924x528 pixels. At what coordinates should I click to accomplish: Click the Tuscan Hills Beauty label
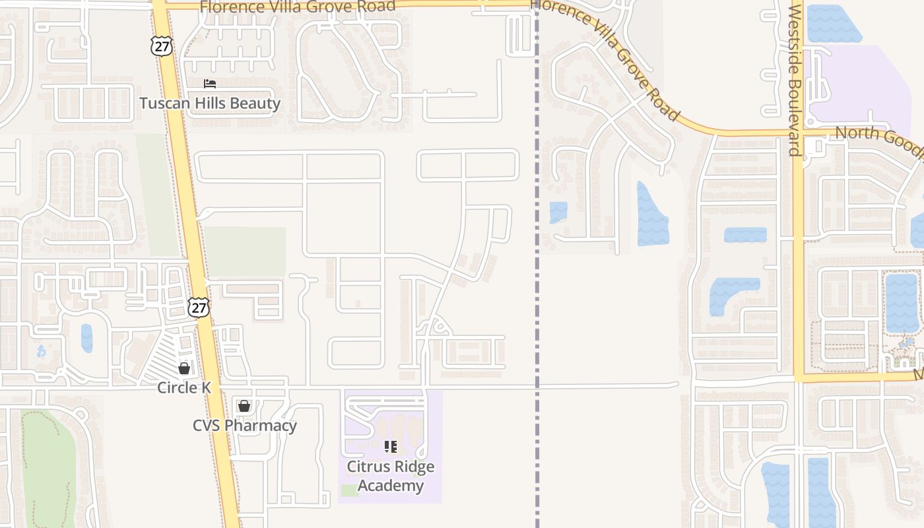coord(210,104)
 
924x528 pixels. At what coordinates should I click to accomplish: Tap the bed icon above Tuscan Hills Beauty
coord(210,84)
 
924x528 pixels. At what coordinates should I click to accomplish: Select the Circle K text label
coord(184,387)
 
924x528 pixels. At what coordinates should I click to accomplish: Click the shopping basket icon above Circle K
coord(184,368)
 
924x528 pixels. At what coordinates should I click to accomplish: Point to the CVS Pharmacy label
coord(244,426)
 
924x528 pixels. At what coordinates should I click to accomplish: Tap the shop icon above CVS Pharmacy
coord(244,405)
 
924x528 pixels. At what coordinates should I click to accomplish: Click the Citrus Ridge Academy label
coord(391,477)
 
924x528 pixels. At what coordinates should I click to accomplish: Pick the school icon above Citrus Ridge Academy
coord(391,447)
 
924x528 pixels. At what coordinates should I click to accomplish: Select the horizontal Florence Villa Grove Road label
coord(298,7)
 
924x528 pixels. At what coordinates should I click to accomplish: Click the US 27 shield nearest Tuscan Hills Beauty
coord(161,45)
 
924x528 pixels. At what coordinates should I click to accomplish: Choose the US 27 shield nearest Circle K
coord(198,307)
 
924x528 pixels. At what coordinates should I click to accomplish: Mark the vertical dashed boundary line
coord(537,297)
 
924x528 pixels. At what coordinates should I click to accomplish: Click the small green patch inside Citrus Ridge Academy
coord(350,490)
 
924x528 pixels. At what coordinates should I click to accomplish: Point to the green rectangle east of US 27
coord(245,251)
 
